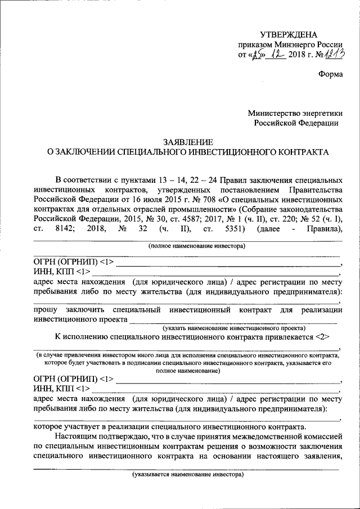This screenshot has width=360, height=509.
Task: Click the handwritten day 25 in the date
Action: click(257, 55)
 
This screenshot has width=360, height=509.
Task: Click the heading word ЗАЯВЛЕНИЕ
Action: click(180, 142)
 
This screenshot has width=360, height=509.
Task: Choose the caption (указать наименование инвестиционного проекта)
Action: click(234, 328)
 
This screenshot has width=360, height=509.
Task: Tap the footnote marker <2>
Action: click(322, 337)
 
